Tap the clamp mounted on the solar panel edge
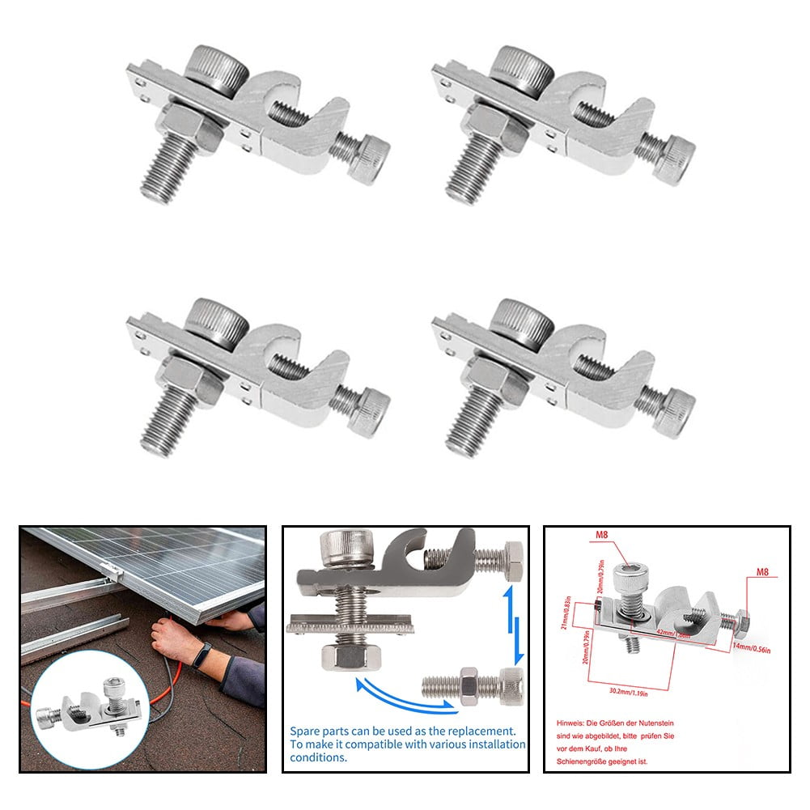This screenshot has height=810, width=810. [x=112, y=574]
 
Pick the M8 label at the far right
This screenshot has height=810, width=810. [x=761, y=571]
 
